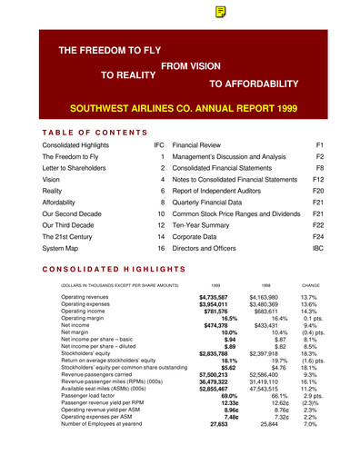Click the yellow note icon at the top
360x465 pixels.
pos(221,12)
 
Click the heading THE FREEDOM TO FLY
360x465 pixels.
pos(119,52)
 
